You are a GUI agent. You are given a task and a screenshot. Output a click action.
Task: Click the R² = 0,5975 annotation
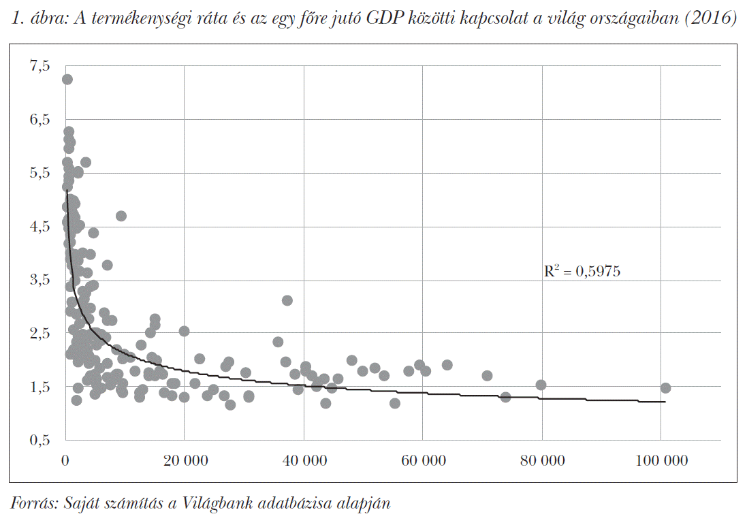click(x=582, y=272)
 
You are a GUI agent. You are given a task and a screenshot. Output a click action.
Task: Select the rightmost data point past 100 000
click(x=665, y=388)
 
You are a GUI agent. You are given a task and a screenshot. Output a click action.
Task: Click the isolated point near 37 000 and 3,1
click(x=287, y=300)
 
